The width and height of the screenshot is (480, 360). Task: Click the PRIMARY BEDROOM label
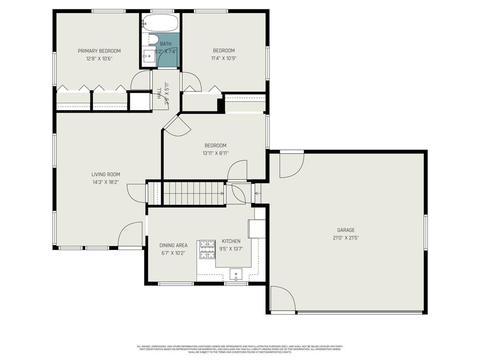pyautogui.click(x=99, y=51)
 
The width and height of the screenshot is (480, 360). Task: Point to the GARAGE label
pyautogui.click(x=346, y=230)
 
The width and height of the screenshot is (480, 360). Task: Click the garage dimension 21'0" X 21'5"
pyautogui.click(x=346, y=238)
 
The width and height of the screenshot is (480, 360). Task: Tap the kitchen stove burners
pyautogui.click(x=206, y=249)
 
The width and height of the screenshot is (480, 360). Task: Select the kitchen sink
pyautogui.click(x=235, y=273)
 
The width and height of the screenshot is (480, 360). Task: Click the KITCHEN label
pyautogui.click(x=231, y=241)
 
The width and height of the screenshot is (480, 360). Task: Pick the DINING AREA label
pyautogui.click(x=173, y=245)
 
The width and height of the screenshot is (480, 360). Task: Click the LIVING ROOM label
pyautogui.click(x=106, y=174)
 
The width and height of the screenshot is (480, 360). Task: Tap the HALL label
pyautogui.click(x=159, y=93)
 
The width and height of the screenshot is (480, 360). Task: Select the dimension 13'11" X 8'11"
pyautogui.click(x=215, y=153)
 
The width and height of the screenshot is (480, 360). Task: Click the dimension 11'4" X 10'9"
pyautogui.click(x=224, y=59)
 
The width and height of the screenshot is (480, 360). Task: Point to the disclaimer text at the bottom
pyautogui.click(x=240, y=349)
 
